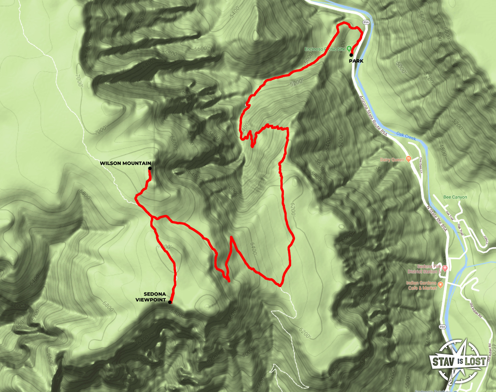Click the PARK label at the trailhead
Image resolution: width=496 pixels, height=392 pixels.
[x=356, y=61]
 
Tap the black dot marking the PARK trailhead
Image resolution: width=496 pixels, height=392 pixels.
[x=351, y=55]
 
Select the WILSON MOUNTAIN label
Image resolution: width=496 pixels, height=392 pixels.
[x=125, y=163]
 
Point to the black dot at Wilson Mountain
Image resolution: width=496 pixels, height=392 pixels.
[x=150, y=168]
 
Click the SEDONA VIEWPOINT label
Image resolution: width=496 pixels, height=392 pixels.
[x=151, y=297]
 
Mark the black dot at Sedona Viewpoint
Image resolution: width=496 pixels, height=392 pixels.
[x=170, y=302]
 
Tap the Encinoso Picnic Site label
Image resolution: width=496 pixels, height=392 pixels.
[x=325, y=49]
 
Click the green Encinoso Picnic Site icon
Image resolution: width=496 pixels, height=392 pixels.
[x=349, y=48]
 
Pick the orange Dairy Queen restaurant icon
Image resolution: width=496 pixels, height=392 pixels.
[x=408, y=159]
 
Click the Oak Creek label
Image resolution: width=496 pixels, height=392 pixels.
[x=406, y=136]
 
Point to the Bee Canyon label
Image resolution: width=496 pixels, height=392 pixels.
[x=455, y=197]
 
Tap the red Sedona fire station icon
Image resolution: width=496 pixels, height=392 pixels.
[x=445, y=268]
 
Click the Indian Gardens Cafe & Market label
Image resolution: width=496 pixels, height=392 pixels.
[x=421, y=286]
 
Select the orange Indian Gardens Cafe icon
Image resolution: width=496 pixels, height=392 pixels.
[x=441, y=285]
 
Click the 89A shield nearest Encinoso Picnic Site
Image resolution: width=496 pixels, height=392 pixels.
[x=366, y=22]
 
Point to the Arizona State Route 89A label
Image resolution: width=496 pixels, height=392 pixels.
[x=373, y=116]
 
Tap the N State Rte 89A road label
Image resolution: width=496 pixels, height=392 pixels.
[x=437, y=218]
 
